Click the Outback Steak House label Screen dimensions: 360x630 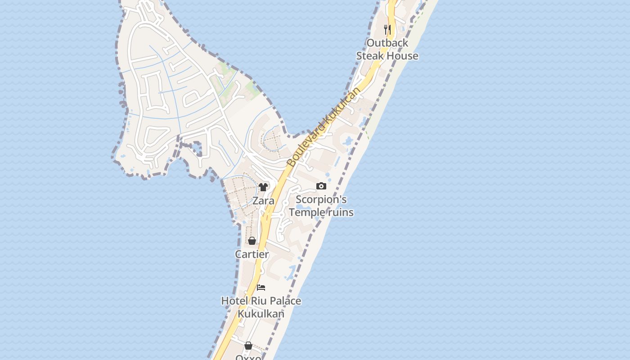[x=387, y=49]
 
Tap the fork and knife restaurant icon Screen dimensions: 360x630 [x=387, y=30]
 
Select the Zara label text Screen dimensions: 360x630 [x=263, y=201]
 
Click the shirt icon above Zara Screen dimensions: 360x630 [x=263, y=187]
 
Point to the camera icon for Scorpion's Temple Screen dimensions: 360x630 [x=321, y=186]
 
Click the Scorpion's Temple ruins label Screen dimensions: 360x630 [x=321, y=206]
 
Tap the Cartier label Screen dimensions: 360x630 [x=252, y=254]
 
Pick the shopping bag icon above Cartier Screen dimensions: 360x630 [x=252, y=241]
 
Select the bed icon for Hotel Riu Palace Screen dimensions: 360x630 [x=261, y=287]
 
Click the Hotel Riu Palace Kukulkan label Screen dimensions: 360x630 [x=261, y=307]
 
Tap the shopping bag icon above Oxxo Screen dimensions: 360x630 [x=248, y=346]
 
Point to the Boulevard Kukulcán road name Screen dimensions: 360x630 [x=324, y=127]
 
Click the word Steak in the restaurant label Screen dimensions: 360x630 [x=370, y=56]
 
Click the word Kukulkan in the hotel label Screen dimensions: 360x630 [x=261, y=314]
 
